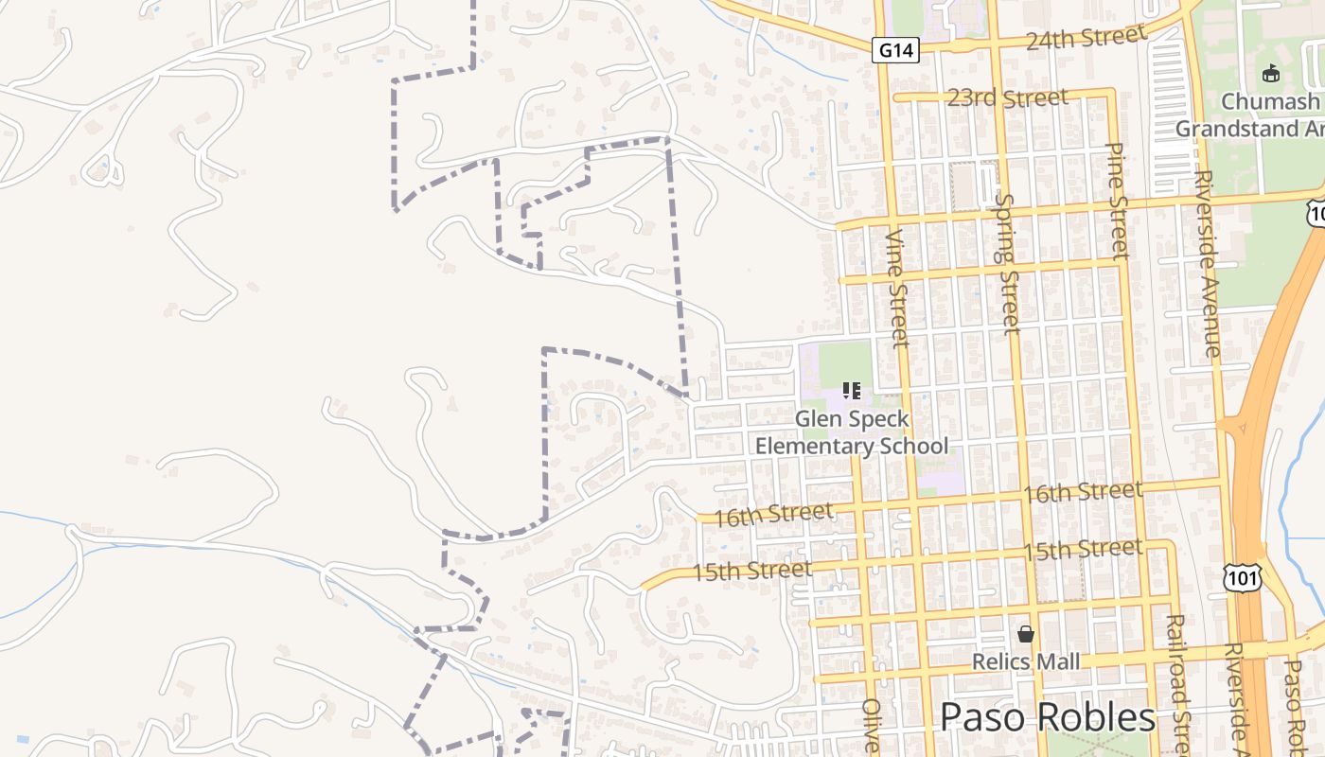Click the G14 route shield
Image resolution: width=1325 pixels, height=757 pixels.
(x=894, y=50)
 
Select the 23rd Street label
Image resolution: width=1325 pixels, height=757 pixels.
(x=1008, y=97)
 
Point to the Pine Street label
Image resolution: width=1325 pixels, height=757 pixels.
(x=1118, y=201)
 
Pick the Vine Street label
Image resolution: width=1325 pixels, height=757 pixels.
(x=898, y=287)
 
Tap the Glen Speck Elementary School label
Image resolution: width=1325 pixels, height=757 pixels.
(x=852, y=432)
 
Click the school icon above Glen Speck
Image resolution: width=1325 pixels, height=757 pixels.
(x=851, y=391)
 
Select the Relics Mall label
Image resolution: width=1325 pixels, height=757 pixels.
(x=1025, y=661)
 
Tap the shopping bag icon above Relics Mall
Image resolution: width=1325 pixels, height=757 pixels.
(x=1025, y=633)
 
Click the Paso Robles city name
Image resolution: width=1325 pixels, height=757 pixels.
(x=1048, y=717)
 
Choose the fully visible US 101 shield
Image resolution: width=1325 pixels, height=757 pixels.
(x=1241, y=575)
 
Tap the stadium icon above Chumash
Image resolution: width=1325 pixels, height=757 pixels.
(x=1271, y=73)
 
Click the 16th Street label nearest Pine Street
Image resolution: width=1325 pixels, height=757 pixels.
(x=1082, y=492)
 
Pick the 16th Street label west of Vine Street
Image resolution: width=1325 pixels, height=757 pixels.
(x=774, y=514)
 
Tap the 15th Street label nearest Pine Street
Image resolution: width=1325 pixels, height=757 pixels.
(x=1082, y=550)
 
